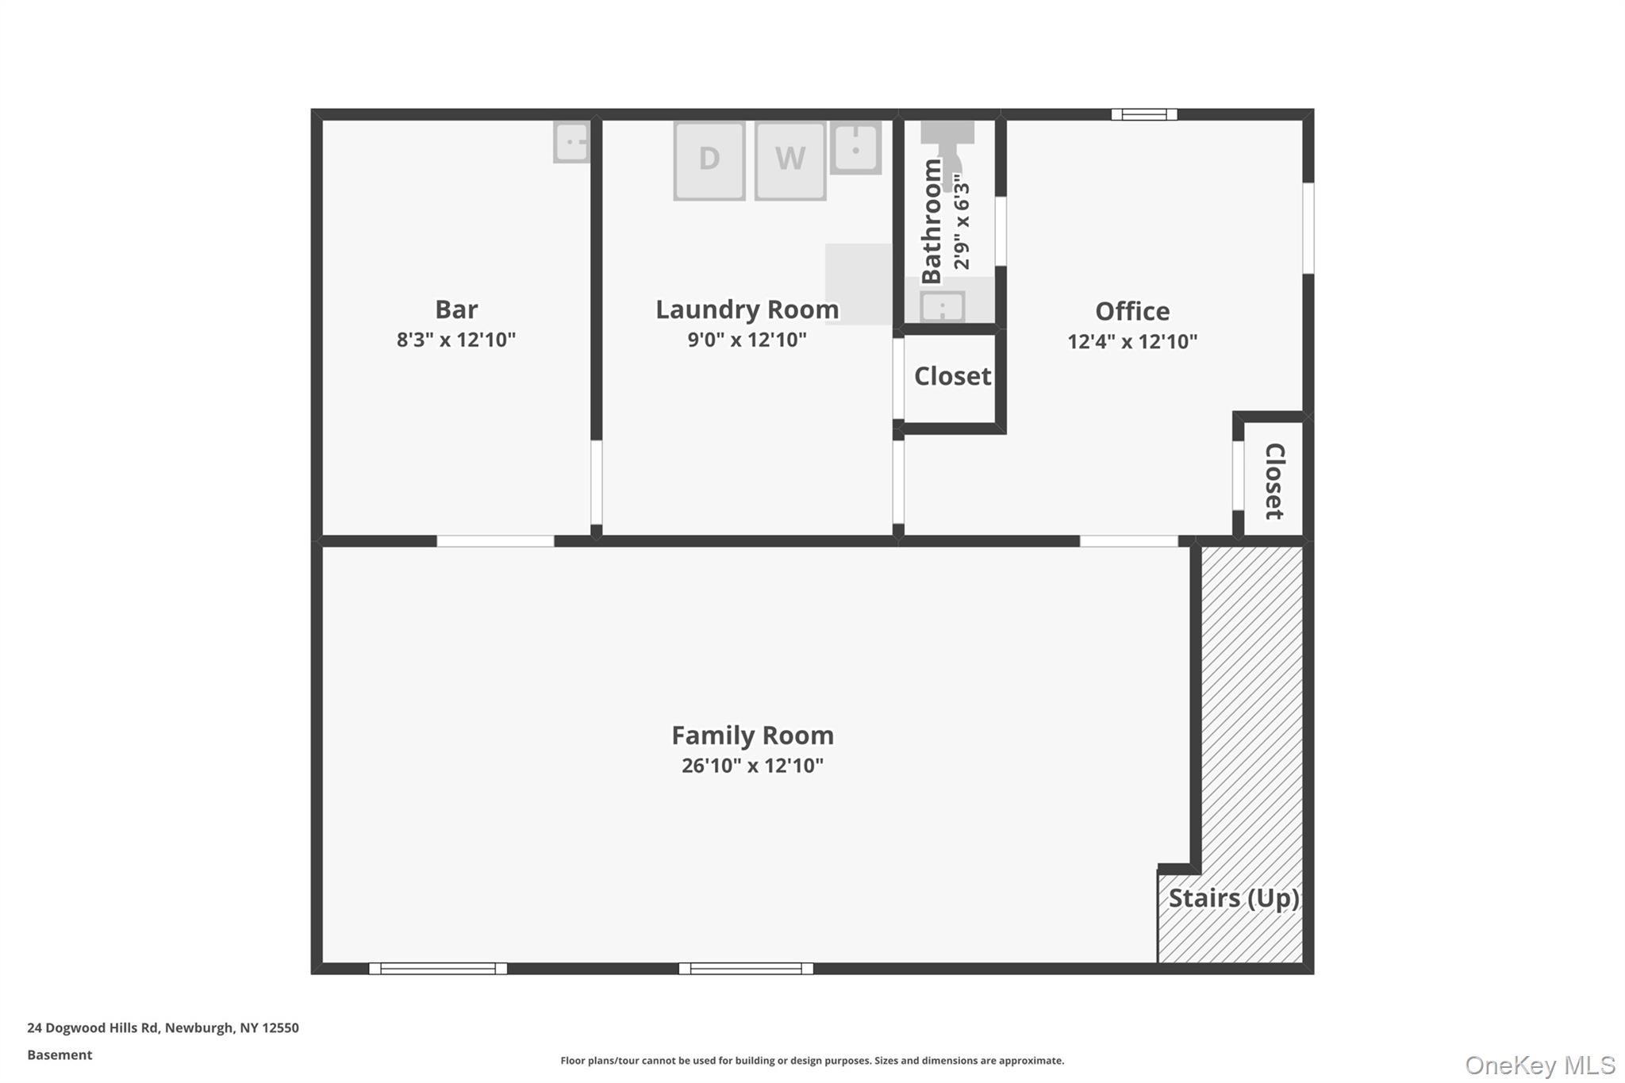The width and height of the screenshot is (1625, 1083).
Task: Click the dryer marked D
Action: (709, 160)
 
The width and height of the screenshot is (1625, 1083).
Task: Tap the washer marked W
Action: (790, 160)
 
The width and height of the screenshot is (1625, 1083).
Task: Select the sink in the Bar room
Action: (572, 142)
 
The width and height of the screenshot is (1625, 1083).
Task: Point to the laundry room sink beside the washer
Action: (855, 148)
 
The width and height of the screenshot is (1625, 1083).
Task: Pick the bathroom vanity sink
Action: (943, 306)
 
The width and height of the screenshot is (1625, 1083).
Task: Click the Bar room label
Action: (456, 309)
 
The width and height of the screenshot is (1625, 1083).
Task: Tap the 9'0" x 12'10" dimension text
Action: (747, 340)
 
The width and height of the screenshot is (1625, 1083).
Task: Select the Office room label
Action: (1132, 311)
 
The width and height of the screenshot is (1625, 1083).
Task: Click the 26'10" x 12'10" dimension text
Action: (752, 766)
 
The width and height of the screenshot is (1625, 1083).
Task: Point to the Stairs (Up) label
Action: (1234, 898)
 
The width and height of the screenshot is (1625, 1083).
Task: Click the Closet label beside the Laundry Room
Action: (952, 376)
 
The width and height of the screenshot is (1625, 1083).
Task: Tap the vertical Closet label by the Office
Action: (1273, 482)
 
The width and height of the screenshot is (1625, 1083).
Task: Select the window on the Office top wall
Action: (1144, 114)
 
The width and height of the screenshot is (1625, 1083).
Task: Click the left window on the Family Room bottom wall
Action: (438, 969)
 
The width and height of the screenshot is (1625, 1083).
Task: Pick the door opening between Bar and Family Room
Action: (495, 541)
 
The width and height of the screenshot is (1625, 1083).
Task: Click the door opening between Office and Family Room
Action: (1128, 541)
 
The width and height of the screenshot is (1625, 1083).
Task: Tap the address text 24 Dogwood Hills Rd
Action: (93, 1027)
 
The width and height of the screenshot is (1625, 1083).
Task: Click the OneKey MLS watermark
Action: (1540, 1065)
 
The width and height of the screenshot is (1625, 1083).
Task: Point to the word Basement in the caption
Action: (60, 1054)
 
